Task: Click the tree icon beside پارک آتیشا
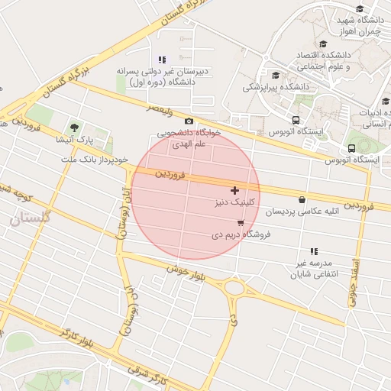pyautogui.click(x=74, y=128)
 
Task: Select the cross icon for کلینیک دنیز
pyautogui.click(x=234, y=190)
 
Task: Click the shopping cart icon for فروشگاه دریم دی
pyautogui.click(x=241, y=223)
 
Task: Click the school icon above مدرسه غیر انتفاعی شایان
pyautogui.click(x=313, y=251)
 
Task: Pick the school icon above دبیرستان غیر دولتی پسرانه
pyautogui.click(x=161, y=60)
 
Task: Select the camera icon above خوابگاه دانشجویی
pyautogui.click(x=189, y=121)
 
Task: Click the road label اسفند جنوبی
pyautogui.click(x=352, y=280)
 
